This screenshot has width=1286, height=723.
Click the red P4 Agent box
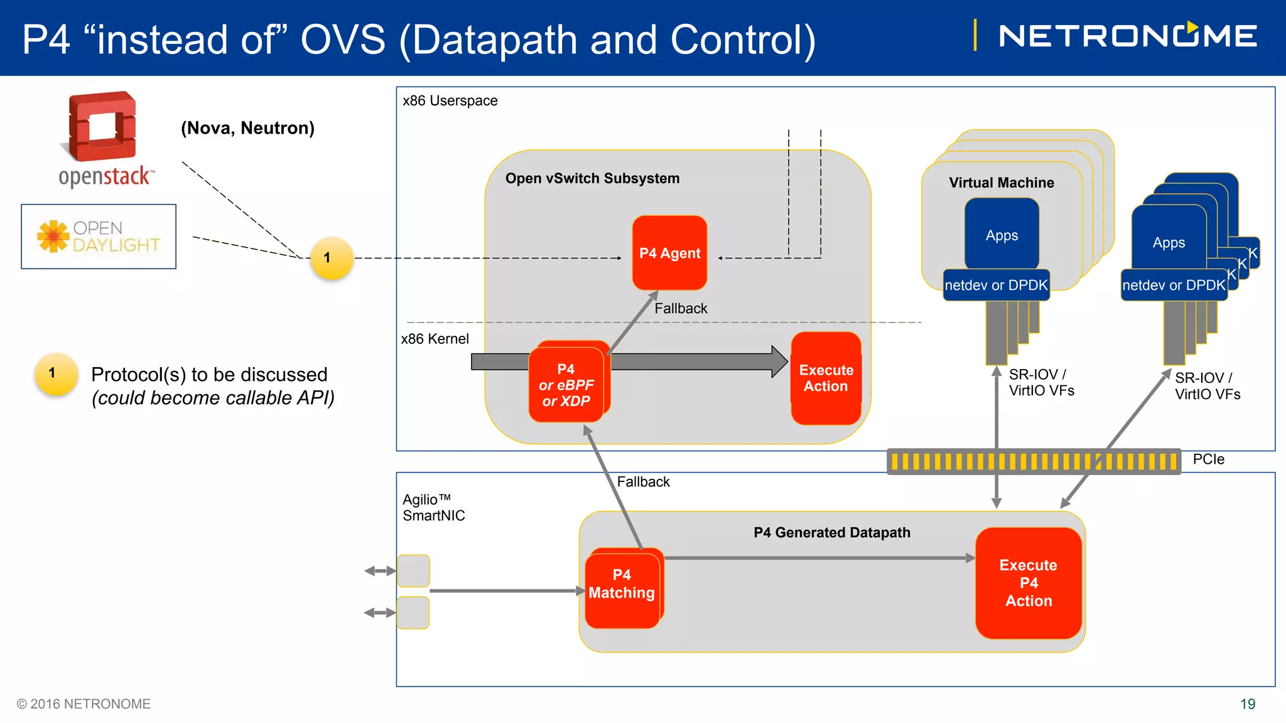pos(669,253)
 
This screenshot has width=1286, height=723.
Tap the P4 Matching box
pos(623,589)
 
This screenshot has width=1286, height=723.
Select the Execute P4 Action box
pos(1029,583)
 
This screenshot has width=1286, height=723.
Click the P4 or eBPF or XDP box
pos(567,382)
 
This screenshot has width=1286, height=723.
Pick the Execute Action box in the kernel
pos(826,378)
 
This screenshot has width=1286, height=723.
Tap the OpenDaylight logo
pos(99,237)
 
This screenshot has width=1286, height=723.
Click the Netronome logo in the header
pos(1128,36)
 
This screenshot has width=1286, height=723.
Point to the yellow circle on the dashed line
pos(332,258)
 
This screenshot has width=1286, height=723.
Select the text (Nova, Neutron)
pos(247,128)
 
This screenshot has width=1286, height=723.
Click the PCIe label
pos(1208,459)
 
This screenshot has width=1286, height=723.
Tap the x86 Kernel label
pos(435,339)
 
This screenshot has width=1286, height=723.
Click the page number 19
pos(1248,704)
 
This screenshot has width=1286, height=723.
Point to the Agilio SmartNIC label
pos(433,507)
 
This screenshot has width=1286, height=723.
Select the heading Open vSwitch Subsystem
pos(592,178)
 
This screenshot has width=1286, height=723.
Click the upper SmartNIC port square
pos(413,570)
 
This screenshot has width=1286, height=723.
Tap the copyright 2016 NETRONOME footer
pos(84,704)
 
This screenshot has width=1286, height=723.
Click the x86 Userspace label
pos(450,100)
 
